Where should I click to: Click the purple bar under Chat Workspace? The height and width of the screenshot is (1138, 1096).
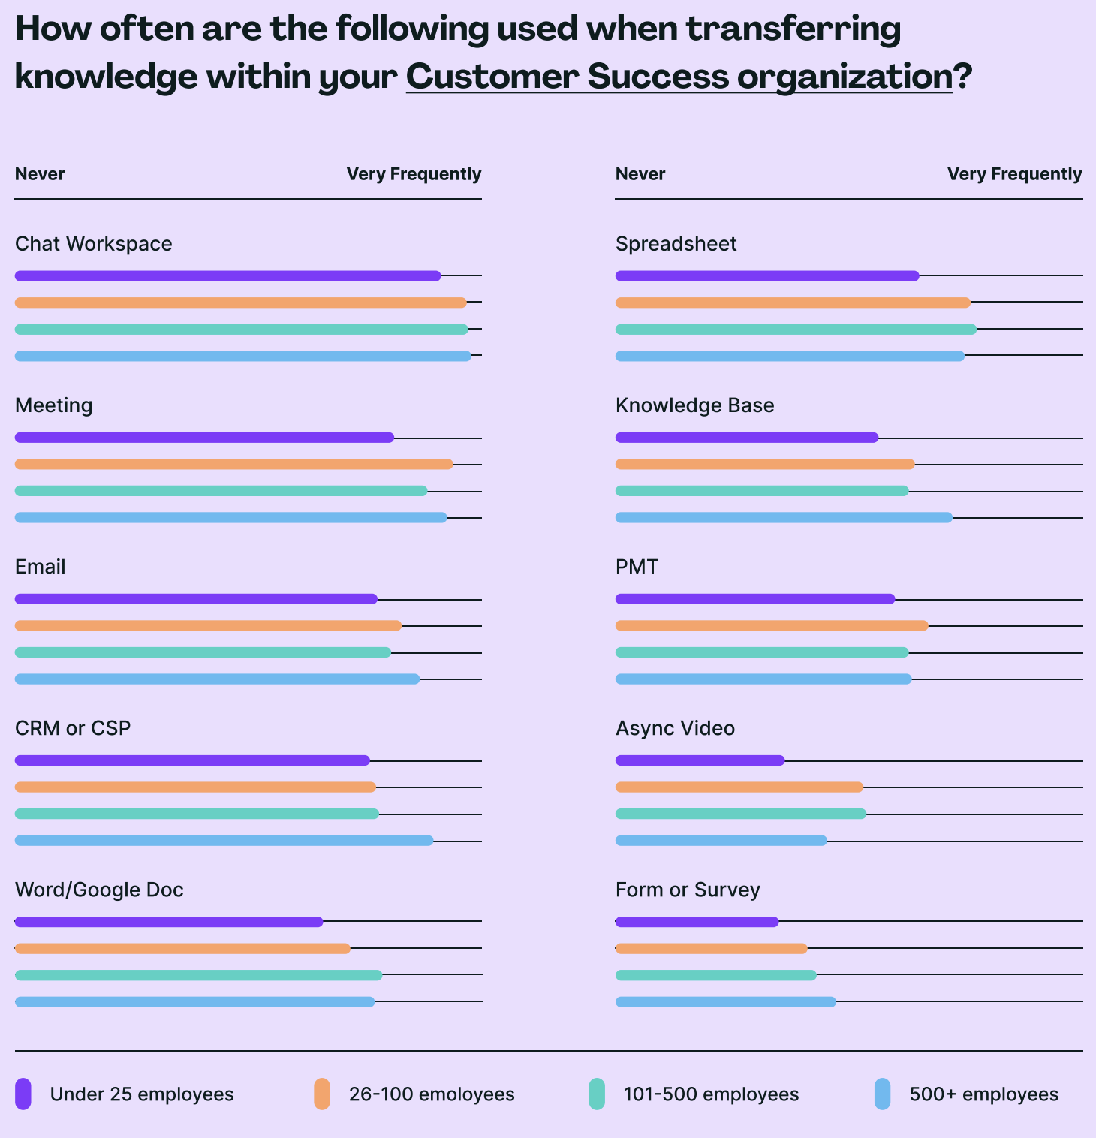(227, 276)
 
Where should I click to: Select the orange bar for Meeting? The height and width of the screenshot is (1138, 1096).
(233, 465)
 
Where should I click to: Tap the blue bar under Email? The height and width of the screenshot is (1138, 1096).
(217, 679)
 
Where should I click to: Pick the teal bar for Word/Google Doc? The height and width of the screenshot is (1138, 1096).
(198, 975)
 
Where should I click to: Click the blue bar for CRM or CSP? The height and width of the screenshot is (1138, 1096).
(224, 841)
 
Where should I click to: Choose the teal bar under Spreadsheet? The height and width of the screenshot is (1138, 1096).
(796, 330)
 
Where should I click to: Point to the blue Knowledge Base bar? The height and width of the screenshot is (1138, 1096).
(784, 518)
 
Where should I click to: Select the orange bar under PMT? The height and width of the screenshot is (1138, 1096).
(772, 626)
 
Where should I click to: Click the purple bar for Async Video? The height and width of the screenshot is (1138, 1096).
(700, 760)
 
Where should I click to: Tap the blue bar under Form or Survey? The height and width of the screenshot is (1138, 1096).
(725, 1002)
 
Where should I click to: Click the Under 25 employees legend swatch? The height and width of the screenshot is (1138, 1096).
(23, 1094)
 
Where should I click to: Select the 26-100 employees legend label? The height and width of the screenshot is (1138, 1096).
(432, 1094)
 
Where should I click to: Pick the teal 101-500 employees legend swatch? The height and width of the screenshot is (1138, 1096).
(597, 1094)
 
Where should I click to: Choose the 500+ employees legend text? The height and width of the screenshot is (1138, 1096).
(983, 1094)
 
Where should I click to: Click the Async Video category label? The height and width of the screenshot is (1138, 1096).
(675, 728)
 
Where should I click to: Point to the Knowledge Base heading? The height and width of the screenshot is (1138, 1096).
(694, 405)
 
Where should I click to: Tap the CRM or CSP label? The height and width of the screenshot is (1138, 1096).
(73, 728)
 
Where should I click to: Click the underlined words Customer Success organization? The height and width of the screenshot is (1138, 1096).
(679, 76)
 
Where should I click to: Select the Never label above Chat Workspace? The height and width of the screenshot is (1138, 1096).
(40, 174)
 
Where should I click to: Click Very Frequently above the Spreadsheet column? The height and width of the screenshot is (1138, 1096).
(1014, 174)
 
